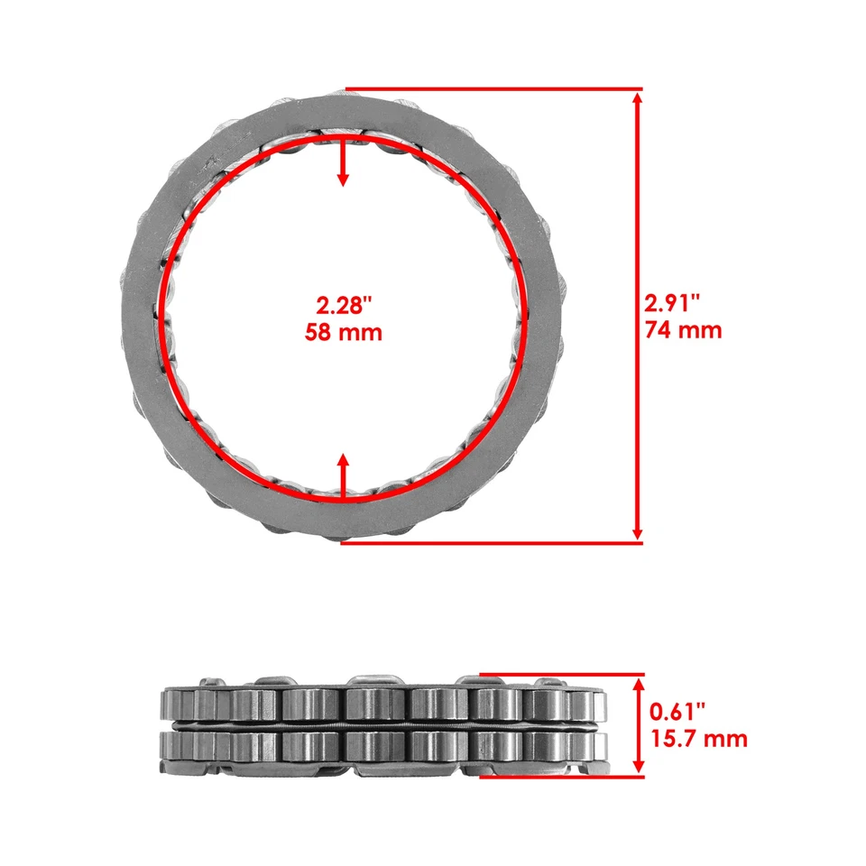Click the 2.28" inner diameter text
pos(342,304)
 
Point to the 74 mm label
pos(683,330)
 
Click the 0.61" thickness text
pos(679,712)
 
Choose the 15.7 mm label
pos(698,740)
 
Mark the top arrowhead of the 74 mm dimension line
pos(638,97)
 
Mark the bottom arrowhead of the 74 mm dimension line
pos(638,534)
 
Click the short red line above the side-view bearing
pos(559,673)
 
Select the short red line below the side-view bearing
pos(559,776)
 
